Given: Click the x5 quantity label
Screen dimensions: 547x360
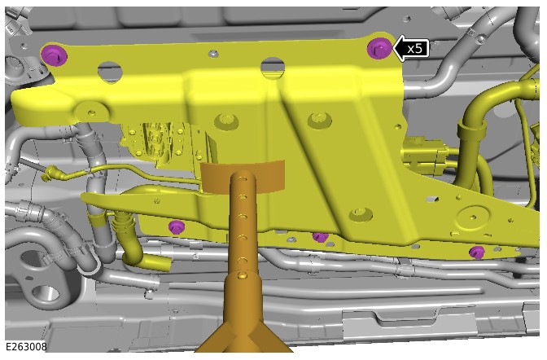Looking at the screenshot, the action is coord(415,49).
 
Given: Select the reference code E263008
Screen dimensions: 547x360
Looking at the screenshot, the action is coord(26,347).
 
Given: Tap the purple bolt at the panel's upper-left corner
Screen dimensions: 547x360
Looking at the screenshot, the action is coord(54,55).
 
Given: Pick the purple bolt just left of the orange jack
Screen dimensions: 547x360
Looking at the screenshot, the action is coord(177,227).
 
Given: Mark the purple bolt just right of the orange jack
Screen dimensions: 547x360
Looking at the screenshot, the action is coord(320,238).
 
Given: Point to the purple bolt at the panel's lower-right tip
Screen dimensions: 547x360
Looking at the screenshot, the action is coord(477,252).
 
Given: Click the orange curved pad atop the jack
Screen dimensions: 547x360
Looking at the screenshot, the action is coord(243,176).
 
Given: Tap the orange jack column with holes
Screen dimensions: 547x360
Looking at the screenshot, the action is coord(243,223).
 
